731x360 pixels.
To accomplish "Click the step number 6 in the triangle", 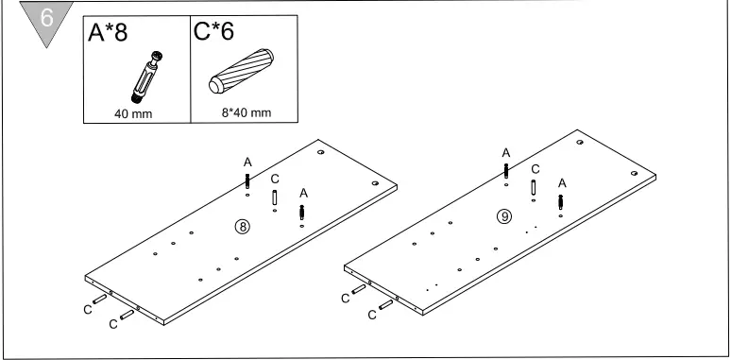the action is click(x=47, y=18).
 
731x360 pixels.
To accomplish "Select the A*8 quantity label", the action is click(x=108, y=33).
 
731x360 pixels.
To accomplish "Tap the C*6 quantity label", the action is click(x=213, y=31).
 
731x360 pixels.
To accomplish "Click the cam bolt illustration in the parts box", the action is click(x=147, y=77).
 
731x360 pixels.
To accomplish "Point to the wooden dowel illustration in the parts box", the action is click(x=241, y=71).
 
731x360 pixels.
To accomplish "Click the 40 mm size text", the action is click(x=133, y=113).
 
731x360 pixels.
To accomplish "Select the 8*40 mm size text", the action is click(x=246, y=112).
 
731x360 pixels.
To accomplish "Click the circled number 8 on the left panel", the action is click(x=243, y=227).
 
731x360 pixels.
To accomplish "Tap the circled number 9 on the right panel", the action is click(x=504, y=216).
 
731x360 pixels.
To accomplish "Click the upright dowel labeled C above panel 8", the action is click(x=275, y=197).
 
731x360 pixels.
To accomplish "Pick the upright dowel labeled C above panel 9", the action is click(x=534, y=187).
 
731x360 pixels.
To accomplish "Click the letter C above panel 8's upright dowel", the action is click(x=275, y=179).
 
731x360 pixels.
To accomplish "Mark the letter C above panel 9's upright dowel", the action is click(x=535, y=169).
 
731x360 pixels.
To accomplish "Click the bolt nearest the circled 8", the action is click(x=301, y=213).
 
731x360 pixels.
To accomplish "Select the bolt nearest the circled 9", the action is click(x=560, y=202).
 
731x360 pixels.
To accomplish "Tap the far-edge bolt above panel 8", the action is click(x=247, y=180).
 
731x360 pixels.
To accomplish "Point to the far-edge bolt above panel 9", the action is click(x=506, y=171).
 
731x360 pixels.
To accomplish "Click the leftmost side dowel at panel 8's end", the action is click(x=99, y=299).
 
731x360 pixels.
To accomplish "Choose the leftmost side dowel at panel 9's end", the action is click(x=359, y=289).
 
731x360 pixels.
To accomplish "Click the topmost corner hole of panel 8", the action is click(x=321, y=152).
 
